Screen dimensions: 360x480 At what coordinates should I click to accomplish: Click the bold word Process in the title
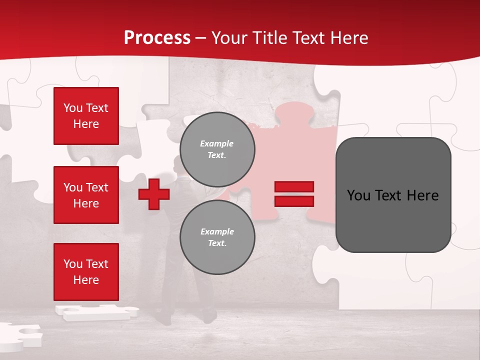point(157,38)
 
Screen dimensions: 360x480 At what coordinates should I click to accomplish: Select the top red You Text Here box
point(86,116)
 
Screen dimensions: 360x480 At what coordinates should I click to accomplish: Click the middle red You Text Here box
point(86,195)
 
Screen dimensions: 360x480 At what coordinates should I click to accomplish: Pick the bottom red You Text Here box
point(86,271)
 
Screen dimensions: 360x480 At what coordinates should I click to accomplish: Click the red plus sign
point(154,194)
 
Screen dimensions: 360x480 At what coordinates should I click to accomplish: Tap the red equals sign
point(294,194)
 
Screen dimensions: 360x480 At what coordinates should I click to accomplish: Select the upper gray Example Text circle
point(217,149)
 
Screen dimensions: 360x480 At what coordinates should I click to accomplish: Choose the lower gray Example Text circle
point(217,237)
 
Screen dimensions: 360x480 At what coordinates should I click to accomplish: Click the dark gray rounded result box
point(393,195)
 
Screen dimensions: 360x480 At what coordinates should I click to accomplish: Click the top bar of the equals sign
point(294,186)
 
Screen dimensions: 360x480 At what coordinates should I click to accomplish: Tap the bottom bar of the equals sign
point(294,201)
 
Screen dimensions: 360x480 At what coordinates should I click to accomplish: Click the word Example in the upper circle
point(217,143)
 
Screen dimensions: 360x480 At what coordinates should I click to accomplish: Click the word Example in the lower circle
point(217,231)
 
